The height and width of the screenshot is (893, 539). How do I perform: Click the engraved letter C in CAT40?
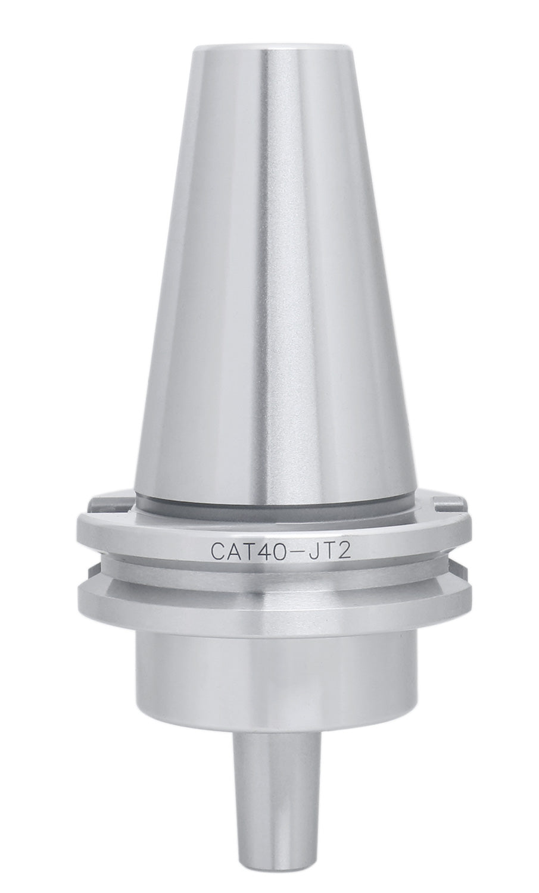219,548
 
